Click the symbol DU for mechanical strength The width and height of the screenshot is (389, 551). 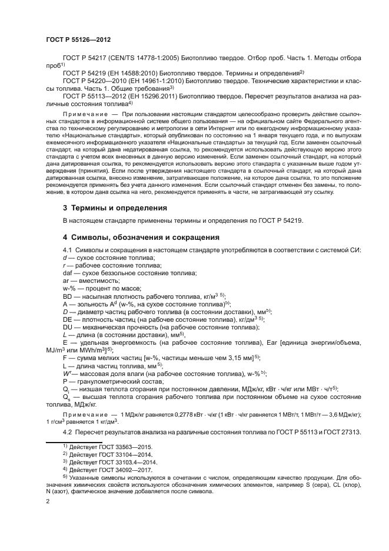(68, 326)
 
